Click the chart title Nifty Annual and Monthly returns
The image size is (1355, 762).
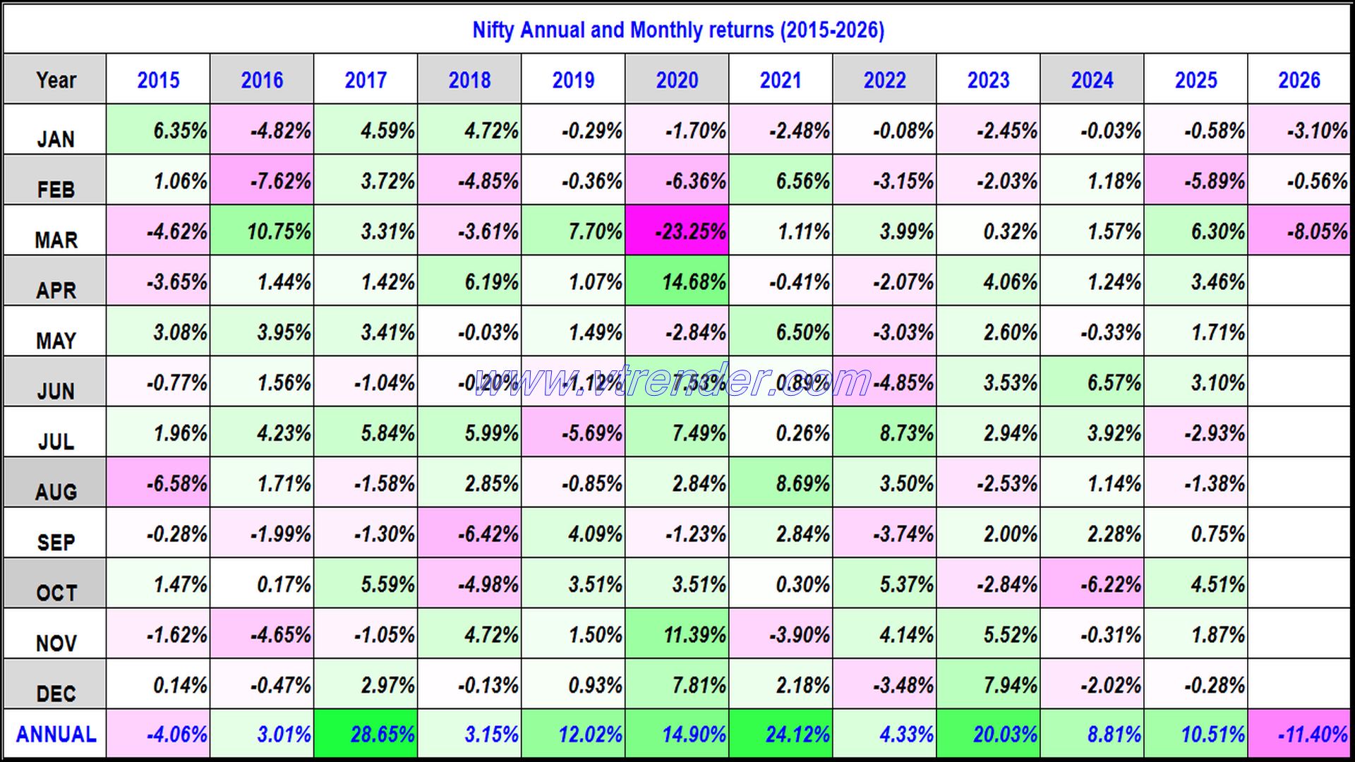677,30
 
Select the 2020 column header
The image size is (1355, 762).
677,80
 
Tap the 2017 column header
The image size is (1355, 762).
366,80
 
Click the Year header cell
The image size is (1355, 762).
56,80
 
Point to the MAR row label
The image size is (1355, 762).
56,239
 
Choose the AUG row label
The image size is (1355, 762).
56,491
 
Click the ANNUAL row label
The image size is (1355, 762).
56,734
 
